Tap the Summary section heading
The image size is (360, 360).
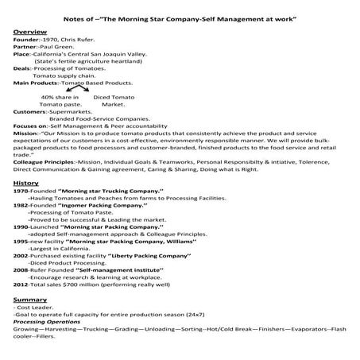29,300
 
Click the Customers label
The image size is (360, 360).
30,111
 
